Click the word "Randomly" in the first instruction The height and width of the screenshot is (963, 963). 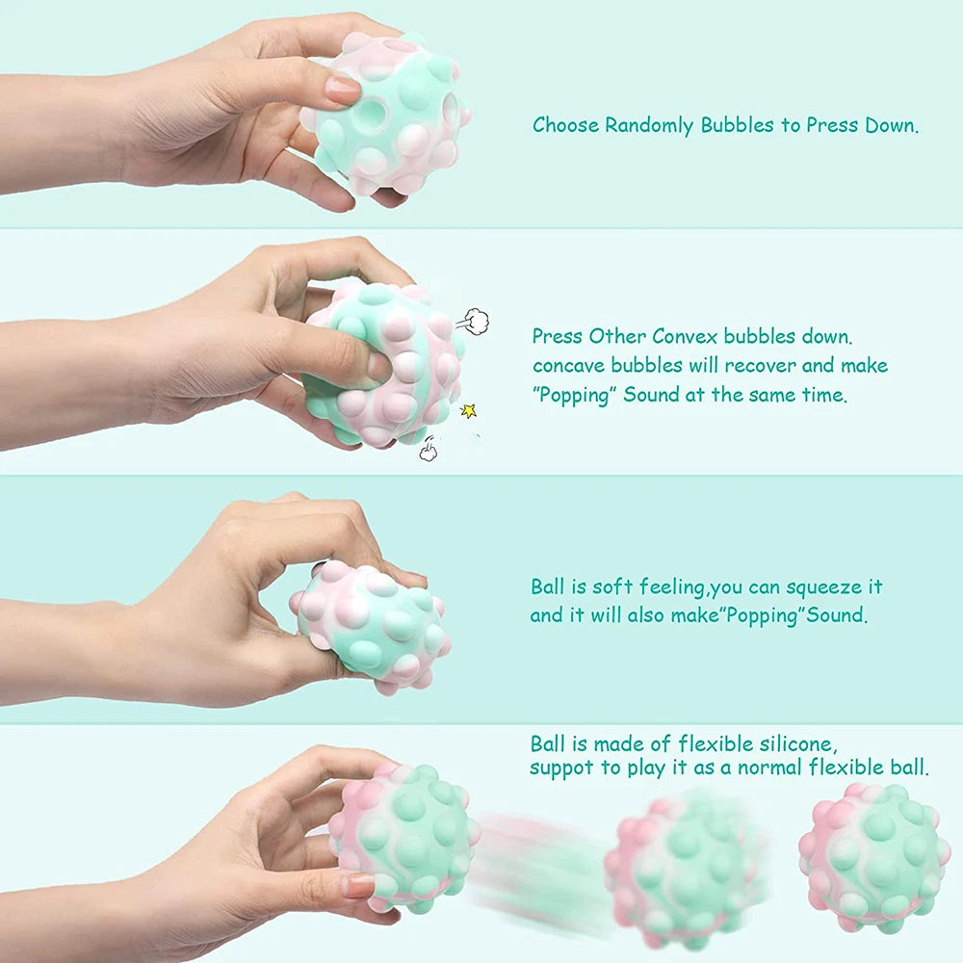pos(648,125)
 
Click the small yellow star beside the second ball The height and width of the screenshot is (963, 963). pos(469,410)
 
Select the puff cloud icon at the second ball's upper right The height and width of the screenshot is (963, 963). pos(471,318)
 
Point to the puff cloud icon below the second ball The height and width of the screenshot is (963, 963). pos(429,449)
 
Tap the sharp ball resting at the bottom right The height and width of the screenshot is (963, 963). pos(872,856)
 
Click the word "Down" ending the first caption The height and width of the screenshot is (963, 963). pos(893,125)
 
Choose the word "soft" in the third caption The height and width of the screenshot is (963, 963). pos(612,586)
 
